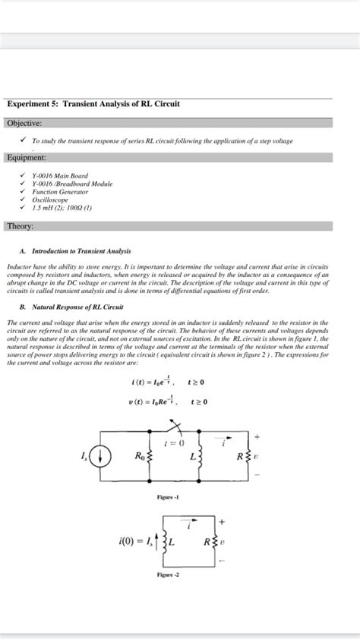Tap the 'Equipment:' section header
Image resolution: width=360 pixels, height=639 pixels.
coord(27,157)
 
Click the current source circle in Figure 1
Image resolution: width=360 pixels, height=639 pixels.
coord(104,458)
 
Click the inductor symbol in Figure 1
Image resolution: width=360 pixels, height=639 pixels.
coord(199,458)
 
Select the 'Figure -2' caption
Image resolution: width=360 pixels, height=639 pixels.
coord(168,597)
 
